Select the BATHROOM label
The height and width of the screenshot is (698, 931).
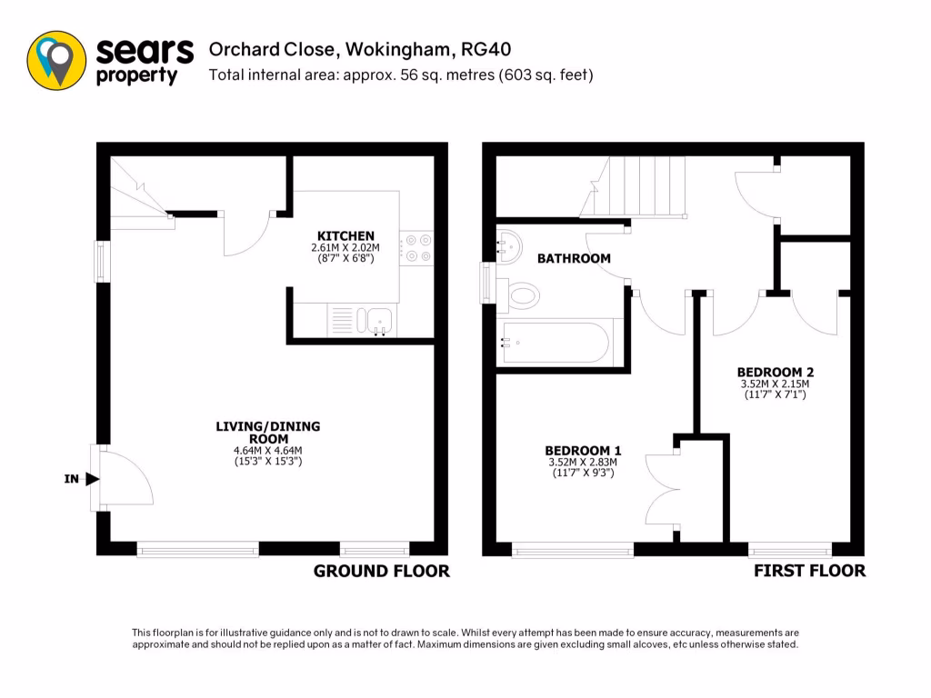(574, 259)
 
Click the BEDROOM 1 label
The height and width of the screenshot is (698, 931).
(583, 450)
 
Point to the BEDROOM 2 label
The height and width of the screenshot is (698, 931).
(775, 372)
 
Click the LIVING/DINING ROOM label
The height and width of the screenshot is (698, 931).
(267, 432)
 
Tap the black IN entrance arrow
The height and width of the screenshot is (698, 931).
(92, 479)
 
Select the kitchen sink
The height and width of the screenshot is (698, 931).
(377, 319)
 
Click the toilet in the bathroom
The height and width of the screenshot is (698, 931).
(522, 294)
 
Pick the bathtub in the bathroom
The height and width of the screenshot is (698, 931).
(555, 343)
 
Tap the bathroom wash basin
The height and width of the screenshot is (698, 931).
(509, 245)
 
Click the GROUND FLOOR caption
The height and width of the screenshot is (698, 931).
(381, 572)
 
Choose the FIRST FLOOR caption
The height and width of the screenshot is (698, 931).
(809, 572)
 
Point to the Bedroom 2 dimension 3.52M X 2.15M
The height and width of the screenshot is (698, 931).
(775, 384)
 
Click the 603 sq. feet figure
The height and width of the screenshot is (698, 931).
(544, 75)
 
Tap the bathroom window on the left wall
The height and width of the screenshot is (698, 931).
(488, 283)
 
